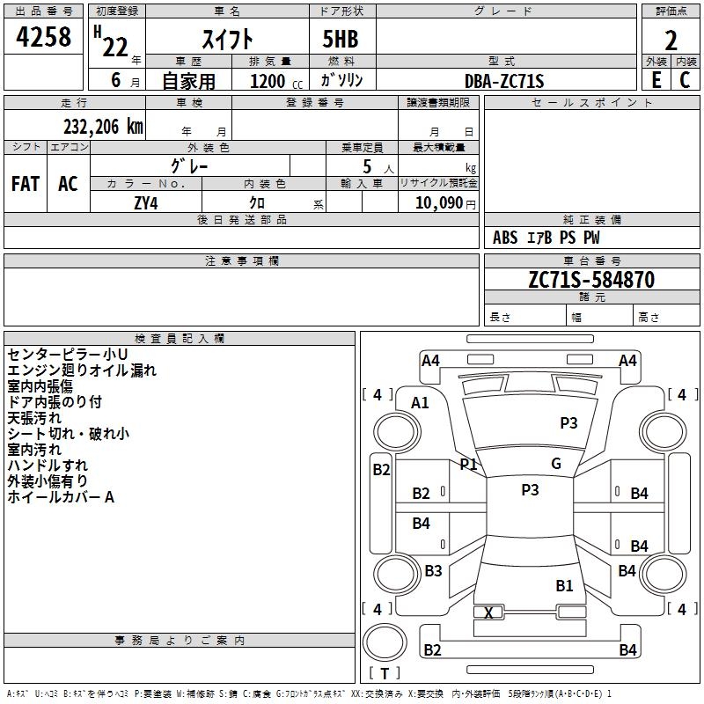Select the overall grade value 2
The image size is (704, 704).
(x=671, y=40)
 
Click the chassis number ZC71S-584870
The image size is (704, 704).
(x=591, y=280)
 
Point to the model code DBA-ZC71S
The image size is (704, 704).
(x=504, y=81)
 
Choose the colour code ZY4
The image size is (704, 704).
(x=145, y=202)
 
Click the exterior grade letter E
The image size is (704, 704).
(x=656, y=81)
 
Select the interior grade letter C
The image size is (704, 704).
(x=685, y=81)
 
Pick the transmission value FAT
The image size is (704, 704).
(x=26, y=184)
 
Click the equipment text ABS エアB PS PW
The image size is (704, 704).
(x=547, y=238)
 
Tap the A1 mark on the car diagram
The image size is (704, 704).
(x=420, y=402)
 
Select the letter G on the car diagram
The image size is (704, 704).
(x=555, y=464)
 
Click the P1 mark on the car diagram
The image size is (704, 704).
(x=468, y=464)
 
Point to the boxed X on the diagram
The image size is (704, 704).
(x=488, y=612)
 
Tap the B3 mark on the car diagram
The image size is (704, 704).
(x=433, y=571)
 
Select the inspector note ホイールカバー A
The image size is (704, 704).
(x=62, y=497)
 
